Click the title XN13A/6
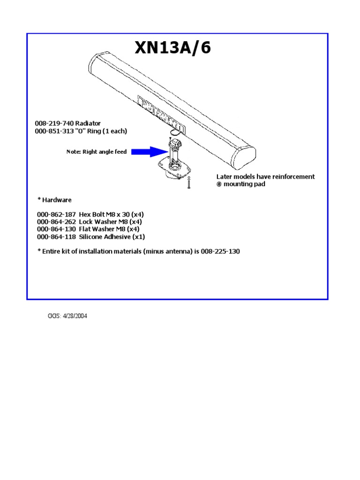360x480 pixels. coord(172,48)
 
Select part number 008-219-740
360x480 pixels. coord(54,123)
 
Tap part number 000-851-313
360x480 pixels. coord(54,131)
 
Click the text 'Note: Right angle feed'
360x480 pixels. coord(97,152)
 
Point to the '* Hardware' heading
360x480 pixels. coord(54,200)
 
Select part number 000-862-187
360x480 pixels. coord(56,214)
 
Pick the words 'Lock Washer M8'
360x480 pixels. coord(103,221)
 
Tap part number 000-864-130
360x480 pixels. coord(56,229)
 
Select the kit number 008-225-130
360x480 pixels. coord(220,252)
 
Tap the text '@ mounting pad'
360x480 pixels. coord(240,184)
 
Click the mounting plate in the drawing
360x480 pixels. coord(174,169)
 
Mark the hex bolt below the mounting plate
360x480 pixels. coord(188,184)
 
